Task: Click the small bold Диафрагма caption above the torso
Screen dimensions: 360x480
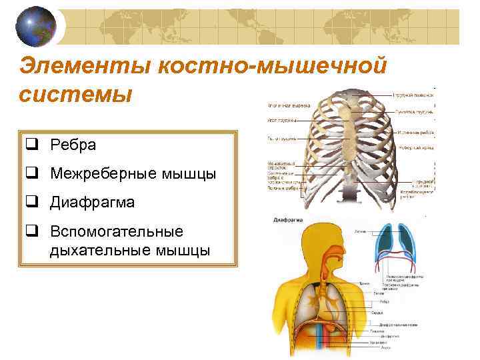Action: [x=289, y=219]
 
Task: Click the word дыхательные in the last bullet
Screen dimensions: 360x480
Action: [x=93, y=250]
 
